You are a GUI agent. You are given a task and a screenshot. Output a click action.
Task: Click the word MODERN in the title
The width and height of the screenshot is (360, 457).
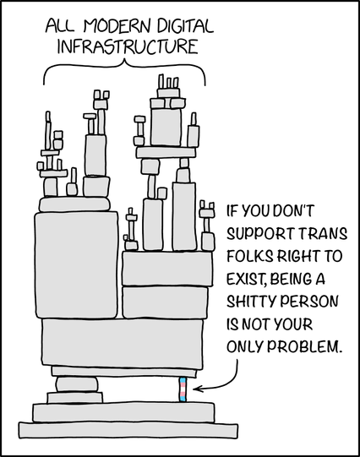pos(117,26)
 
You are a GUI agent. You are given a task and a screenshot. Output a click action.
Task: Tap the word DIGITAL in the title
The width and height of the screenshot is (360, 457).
pos(186,25)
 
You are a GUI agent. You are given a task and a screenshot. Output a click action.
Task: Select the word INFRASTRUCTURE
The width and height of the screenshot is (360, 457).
pos(128,46)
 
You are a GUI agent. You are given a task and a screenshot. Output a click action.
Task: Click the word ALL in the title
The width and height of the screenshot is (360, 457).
pos(60,26)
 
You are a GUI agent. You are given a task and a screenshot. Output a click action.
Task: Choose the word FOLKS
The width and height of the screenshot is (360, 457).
pos(250,256)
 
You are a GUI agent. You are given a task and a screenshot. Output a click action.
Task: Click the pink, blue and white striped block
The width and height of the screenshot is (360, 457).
pos(183,389)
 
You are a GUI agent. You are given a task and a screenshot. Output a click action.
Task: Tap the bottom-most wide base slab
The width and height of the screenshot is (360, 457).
pos(128,430)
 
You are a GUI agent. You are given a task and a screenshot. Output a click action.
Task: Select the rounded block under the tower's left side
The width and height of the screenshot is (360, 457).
pos(77,384)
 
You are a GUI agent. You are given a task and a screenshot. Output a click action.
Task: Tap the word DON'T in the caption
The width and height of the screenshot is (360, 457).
pos(294,210)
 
